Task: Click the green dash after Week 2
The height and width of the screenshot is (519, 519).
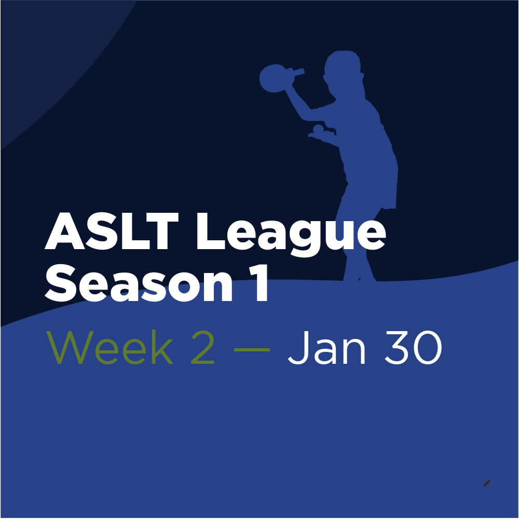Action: coord(252,348)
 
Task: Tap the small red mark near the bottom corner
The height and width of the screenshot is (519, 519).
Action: coord(486,483)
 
